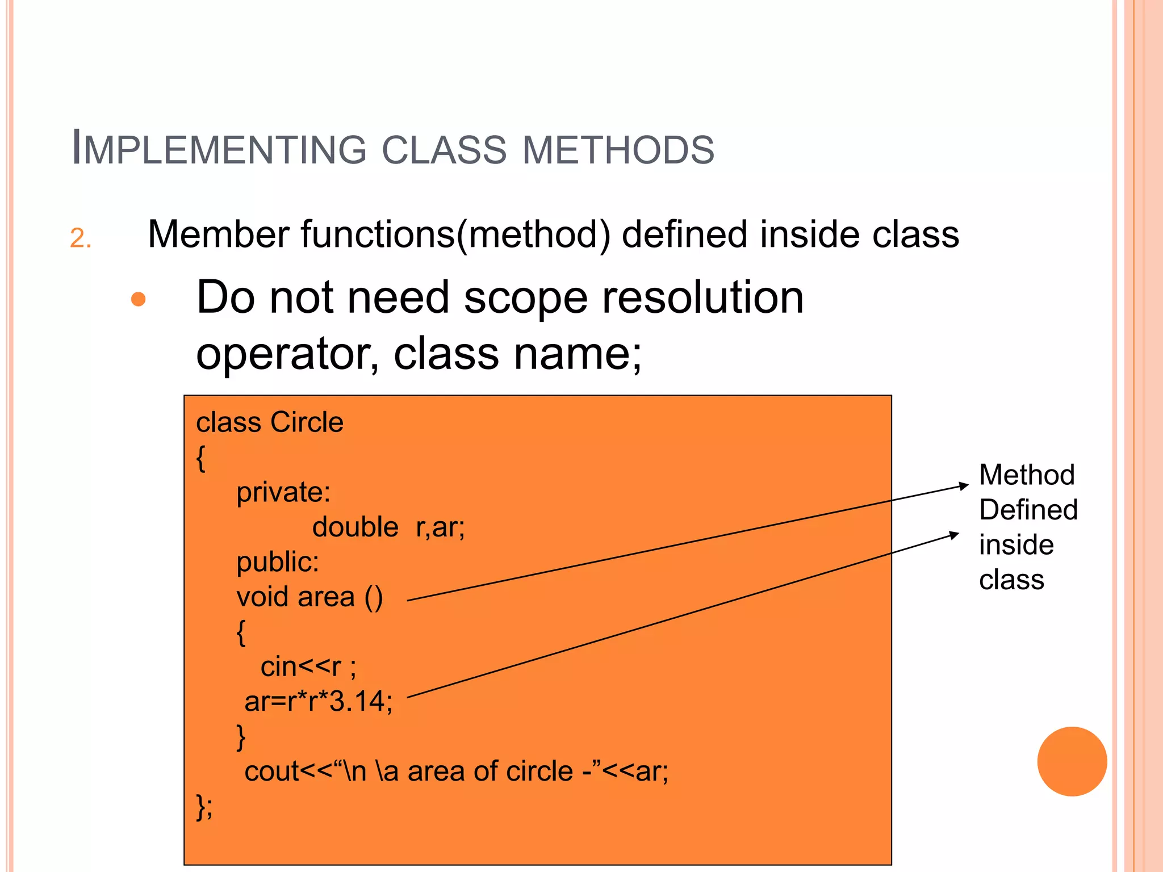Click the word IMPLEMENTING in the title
click(219, 149)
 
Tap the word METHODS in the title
click(618, 150)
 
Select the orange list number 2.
click(80, 238)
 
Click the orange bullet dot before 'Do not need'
click(139, 299)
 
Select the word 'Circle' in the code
click(307, 422)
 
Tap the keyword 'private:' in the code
click(283, 492)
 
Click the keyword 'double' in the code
click(355, 527)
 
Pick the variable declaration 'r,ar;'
click(440, 527)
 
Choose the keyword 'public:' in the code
click(278, 562)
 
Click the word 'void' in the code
click(262, 597)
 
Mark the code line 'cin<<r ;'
click(308, 666)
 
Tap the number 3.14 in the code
click(357, 702)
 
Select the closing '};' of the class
click(204, 806)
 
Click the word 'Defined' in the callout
click(1028, 510)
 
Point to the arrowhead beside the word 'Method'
click(964, 486)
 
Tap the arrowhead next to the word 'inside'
click(955, 535)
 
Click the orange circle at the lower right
click(1072, 761)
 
